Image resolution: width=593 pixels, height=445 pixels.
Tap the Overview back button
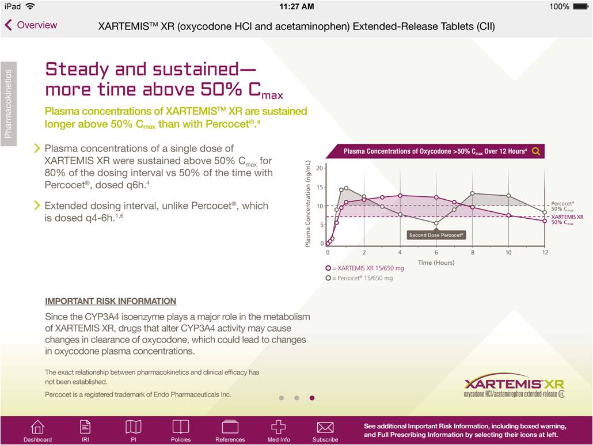tap(31, 25)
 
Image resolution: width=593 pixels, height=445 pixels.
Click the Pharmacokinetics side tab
tap(9, 104)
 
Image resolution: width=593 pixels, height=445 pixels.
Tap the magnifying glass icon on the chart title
tap(536, 151)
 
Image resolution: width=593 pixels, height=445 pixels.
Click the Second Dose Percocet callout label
tap(436, 235)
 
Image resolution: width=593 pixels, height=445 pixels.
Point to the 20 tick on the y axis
tap(321, 168)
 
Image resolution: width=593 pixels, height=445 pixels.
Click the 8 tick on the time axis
tap(472, 252)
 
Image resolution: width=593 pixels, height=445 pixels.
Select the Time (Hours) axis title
tap(436, 263)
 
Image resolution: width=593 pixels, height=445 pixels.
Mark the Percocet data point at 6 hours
tap(436, 223)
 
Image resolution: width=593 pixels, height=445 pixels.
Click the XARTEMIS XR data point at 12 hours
tap(545, 220)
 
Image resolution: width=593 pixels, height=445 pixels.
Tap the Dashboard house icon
tap(37, 427)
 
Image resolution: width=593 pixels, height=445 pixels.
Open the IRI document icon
tap(85, 427)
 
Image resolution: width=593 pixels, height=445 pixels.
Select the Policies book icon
tap(181, 427)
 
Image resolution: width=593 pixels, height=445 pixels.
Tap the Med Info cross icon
tap(279, 427)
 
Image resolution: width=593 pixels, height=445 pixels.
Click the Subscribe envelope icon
tap(325, 427)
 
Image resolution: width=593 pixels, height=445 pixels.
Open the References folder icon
tap(230, 427)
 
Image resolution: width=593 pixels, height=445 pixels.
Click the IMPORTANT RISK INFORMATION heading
tap(111, 301)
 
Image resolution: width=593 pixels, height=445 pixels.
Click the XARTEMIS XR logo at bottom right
tap(514, 387)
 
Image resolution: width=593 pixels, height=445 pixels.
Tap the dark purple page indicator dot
tap(312, 398)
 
